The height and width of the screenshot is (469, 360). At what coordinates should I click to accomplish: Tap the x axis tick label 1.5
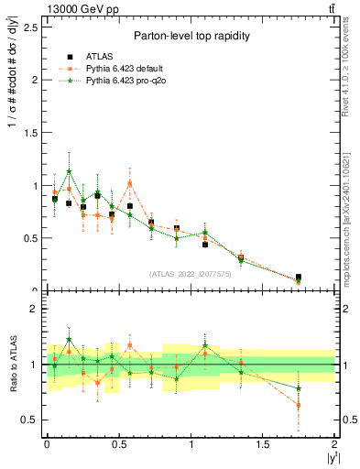coord(263,444)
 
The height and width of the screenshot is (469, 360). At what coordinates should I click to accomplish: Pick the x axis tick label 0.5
coord(118,444)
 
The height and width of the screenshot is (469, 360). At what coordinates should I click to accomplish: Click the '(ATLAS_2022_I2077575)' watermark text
coord(190,274)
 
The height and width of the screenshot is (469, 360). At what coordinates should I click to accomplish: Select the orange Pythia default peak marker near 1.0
coord(130,183)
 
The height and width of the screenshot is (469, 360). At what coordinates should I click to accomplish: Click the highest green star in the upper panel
coord(69,171)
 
